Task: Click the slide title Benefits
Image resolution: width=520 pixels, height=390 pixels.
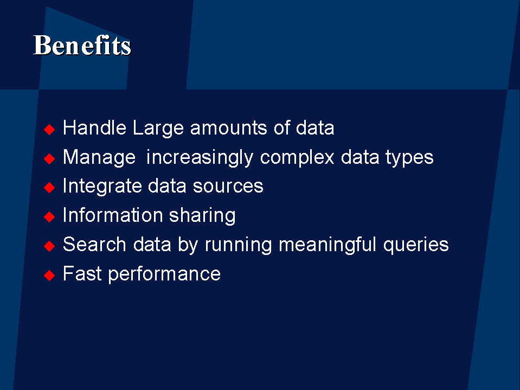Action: pos(82,45)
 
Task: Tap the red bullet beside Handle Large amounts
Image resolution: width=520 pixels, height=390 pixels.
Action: pos(49,129)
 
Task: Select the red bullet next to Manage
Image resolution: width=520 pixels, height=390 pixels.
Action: pos(49,158)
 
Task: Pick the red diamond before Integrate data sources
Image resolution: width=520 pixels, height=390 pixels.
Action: pos(49,187)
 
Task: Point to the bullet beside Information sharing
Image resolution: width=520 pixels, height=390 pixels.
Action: pos(49,217)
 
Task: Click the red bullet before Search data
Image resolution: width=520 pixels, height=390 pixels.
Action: pos(49,246)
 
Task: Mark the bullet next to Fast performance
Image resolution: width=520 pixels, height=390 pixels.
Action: pos(49,275)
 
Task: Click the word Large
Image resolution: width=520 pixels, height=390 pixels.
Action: pos(158,129)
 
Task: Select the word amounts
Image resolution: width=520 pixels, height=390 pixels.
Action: pos(228,128)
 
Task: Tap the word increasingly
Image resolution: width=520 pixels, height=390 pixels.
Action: pos(200,158)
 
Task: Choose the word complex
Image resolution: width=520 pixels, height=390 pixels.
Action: pos(297,158)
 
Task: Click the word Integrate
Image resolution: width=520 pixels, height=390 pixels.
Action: pos(102,187)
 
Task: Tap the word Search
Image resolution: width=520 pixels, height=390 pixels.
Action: pos(94,245)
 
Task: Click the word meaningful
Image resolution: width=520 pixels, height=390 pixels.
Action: pos(328,245)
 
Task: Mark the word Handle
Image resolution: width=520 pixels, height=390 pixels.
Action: pos(94,128)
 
